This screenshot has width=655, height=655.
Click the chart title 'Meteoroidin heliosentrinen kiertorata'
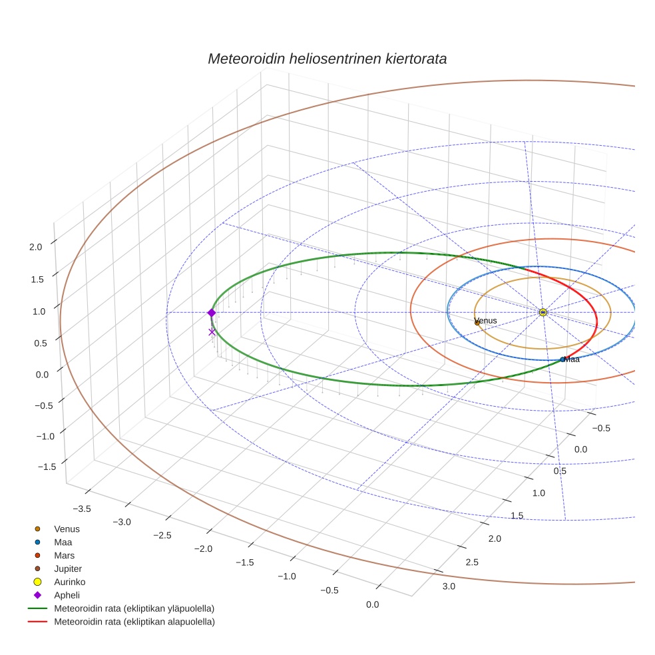[327, 59]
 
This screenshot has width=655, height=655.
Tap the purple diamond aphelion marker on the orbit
[212, 313]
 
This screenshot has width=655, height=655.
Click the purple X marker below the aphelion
[212, 332]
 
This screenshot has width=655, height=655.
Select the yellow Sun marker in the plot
[543, 312]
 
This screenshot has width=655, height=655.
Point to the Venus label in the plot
[486, 321]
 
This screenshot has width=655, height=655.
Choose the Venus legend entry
[67, 529]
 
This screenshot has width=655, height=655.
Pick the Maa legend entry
[63, 543]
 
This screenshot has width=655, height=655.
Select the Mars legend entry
[64, 555]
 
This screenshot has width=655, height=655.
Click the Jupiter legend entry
[67, 568]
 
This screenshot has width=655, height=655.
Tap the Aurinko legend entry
[69, 582]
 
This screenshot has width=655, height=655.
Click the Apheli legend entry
[67, 595]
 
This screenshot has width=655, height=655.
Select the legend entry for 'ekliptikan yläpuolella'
[134, 608]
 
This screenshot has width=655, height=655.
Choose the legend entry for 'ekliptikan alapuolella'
[134, 622]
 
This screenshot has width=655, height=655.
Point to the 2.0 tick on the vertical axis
[36, 247]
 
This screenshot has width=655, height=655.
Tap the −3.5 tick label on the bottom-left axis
[81, 509]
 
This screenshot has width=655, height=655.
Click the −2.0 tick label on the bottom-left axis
[203, 549]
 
